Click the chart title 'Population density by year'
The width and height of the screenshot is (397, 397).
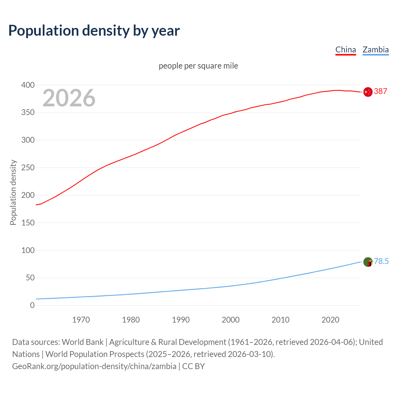point(94,31)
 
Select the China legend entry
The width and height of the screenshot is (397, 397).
point(346,50)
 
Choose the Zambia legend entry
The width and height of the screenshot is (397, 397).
point(376,50)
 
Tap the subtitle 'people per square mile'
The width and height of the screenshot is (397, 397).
point(198,66)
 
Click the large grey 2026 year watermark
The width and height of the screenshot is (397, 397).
point(69,98)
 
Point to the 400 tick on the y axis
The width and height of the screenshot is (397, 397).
point(28,85)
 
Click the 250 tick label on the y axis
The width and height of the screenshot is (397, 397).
point(28,168)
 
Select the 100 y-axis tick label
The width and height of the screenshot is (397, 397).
point(28,250)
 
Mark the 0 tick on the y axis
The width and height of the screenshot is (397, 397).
point(32,306)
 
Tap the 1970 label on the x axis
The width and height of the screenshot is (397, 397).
point(81,320)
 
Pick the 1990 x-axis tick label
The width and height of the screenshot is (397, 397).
point(181,320)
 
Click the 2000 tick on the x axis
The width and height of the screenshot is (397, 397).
point(230,320)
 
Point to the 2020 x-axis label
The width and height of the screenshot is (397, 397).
point(330,320)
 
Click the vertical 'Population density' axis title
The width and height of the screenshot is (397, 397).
point(13,192)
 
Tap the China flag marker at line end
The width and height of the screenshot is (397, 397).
point(368,92)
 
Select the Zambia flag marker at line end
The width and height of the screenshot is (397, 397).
point(368,262)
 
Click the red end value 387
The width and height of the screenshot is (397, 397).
point(381,91)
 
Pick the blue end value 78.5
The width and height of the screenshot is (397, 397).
point(381,261)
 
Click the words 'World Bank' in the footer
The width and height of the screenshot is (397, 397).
point(83,342)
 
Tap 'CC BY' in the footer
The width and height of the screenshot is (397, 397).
point(194,366)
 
